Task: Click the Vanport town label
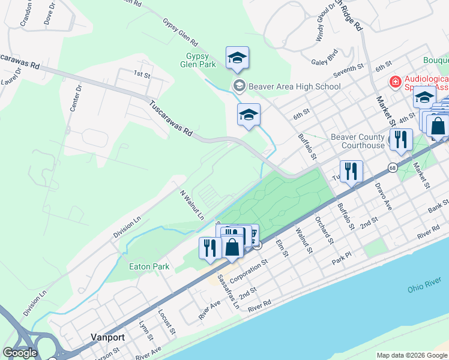[x=107, y=337]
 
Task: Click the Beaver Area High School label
[x=294, y=86]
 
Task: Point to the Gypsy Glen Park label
[x=201, y=60]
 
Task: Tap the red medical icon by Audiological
[x=396, y=82]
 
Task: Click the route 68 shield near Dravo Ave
[x=392, y=167]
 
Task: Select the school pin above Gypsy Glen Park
[x=237, y=58]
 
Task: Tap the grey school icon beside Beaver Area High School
[x=239, y=86]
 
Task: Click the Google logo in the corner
[x=20, y=352]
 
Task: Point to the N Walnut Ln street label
[x=192, y=205]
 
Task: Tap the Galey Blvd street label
[x=325, y=61]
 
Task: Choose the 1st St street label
[x=141, y=74]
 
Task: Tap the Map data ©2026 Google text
[x=411, y=355]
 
